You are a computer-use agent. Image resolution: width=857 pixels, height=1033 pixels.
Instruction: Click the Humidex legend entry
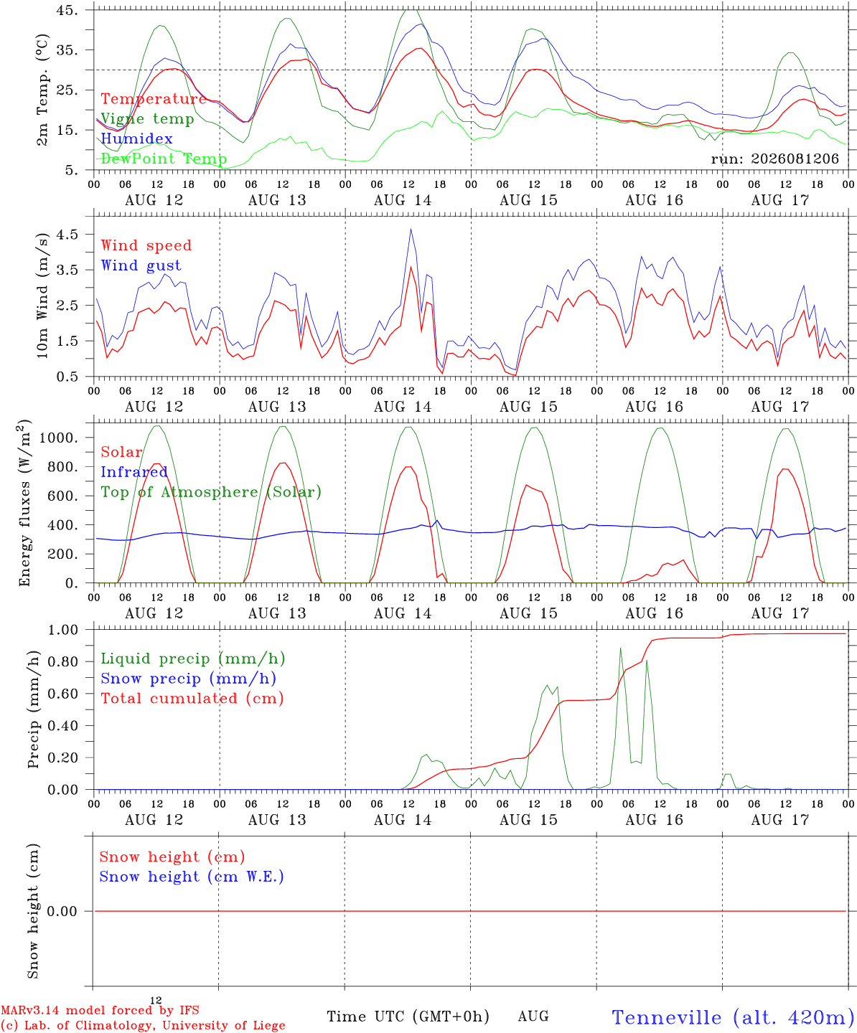[x=136, y=138]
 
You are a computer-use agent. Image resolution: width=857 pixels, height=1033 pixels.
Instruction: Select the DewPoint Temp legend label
[x=164, y=159]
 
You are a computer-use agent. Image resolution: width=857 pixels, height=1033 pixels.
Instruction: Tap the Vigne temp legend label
[x=148, y=119]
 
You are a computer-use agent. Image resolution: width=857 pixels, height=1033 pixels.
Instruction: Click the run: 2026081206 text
[x=774, y=159]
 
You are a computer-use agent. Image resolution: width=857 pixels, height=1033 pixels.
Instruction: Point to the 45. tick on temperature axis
[x=67, y=10]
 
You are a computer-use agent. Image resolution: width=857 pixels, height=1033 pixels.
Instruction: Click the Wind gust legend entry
[x=141, y=265]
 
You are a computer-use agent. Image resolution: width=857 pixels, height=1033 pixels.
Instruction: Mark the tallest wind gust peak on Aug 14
[x=411, y=229]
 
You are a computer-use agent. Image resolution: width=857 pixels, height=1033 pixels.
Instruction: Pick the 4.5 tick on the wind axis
[x=67, y=234]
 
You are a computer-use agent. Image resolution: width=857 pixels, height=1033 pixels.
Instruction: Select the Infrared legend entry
[x=134, y=472]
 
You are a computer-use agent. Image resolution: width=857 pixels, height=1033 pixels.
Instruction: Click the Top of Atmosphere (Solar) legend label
[x=212, y=492]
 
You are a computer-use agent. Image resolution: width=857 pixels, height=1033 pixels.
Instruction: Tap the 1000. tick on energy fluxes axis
[x=59, y=438]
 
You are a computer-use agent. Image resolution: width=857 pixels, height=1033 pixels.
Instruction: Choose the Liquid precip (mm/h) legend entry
[x=193, y=659]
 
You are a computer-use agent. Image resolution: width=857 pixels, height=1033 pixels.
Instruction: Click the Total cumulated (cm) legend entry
[x=192, y=699]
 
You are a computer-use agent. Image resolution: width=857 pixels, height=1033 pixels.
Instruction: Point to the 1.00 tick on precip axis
[x=63, y=630]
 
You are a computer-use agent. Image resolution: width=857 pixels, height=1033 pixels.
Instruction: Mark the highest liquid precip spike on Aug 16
[x=620, y=648]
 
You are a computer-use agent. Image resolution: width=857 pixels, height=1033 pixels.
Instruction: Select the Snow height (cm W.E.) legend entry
[x=192, y=877]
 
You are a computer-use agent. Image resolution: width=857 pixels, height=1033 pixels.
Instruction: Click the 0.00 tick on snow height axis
[x=62, y=911]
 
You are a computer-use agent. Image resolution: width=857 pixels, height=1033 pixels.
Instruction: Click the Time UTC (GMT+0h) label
[x=408, y=1017]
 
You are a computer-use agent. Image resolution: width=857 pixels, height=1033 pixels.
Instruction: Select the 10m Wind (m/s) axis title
[x=42, y=296]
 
